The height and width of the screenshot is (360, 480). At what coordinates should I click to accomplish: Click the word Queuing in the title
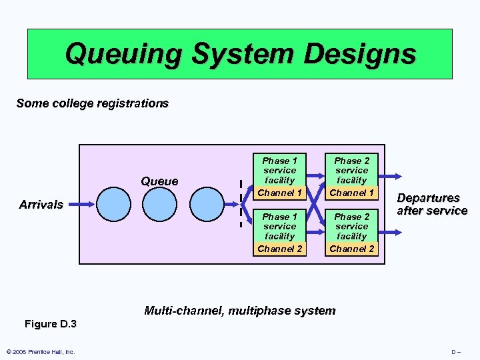coord(124,54)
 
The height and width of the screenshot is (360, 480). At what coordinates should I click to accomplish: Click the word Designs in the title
coord(360,54)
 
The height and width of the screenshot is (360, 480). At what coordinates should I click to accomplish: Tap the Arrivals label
coord(41,204)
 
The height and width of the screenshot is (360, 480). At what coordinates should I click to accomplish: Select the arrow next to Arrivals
coord(81,204)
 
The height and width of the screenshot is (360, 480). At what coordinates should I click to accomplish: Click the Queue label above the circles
coord(159,181)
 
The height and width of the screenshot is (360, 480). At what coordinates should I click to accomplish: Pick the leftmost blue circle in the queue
coord(113,204)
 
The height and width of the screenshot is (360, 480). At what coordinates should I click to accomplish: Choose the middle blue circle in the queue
coord(159,204)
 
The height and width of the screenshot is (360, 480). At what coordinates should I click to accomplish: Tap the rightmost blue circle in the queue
coord(207,204)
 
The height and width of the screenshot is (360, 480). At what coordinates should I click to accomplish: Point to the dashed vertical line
coord(241,203)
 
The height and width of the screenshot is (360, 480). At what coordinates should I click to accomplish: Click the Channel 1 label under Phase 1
coord(279,193)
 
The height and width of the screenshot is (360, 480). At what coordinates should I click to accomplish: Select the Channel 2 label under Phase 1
coord(279,249)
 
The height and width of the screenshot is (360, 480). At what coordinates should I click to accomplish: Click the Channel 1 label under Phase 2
coord(351,193)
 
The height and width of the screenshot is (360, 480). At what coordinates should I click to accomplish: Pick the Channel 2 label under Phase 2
coord(351,249)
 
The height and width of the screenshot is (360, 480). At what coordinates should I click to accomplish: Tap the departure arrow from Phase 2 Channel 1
coord(390,176)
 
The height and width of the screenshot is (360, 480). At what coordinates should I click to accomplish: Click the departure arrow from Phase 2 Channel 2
coord(390,233)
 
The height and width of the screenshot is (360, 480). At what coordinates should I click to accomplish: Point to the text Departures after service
coord(432,204)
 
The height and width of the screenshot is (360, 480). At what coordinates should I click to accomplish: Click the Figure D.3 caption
coord(51,324)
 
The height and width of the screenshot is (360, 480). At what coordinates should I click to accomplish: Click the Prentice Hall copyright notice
coord(41,352)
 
